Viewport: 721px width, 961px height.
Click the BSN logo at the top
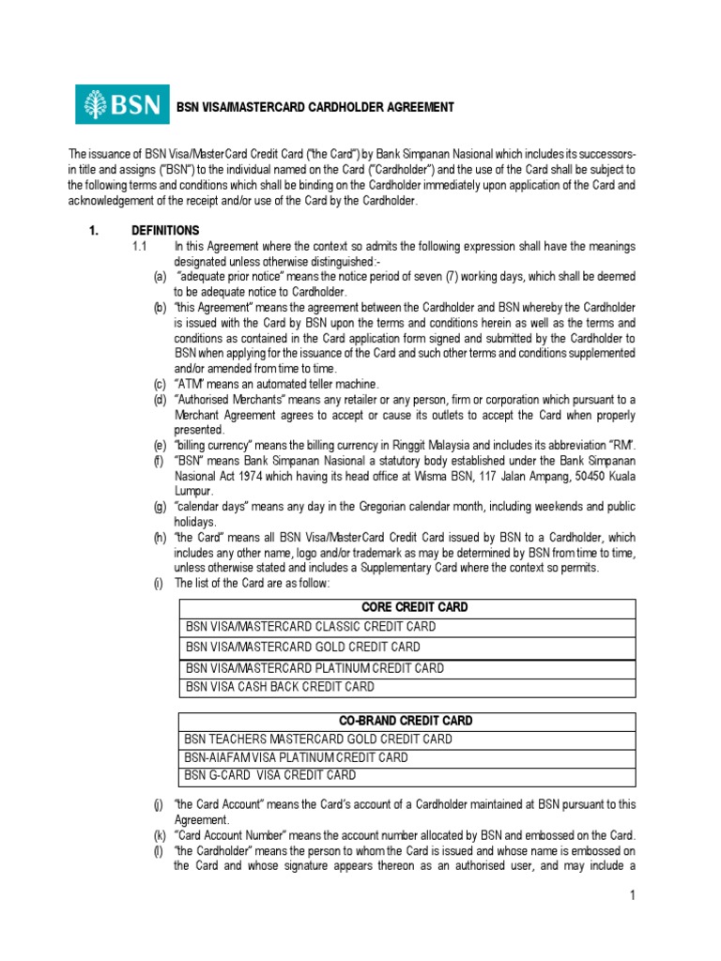[122, 104]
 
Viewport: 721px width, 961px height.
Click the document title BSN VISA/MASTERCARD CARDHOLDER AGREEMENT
[316, 108]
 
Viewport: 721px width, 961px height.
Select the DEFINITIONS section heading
[165, 230]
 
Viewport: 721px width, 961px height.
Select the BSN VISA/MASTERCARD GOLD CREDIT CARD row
[302, 647]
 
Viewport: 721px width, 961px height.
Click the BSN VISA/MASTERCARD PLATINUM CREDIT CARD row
[314, 668]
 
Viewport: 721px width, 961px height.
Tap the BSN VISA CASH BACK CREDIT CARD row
[280, 687]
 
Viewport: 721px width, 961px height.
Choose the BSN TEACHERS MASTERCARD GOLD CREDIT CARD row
[318, 740]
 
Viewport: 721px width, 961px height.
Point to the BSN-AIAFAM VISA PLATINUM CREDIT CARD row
[297, 757]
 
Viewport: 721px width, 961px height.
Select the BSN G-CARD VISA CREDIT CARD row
[270, 775]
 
